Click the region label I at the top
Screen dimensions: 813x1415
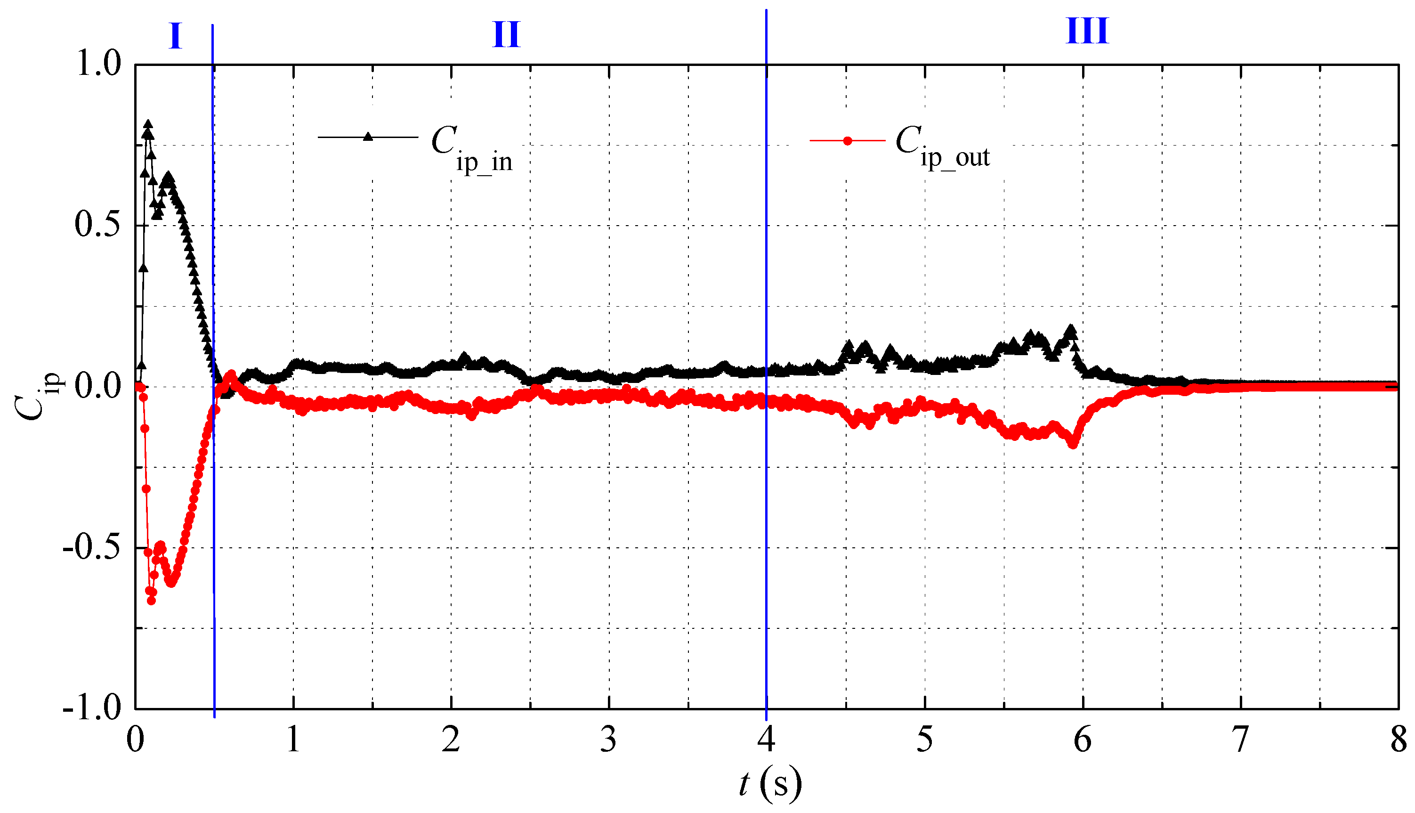point(175,36)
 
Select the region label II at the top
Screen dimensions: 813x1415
point(506,34)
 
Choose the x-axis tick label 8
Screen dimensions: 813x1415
point(1398,740)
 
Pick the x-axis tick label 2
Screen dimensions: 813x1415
point(451,740)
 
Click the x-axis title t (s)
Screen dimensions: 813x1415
point(770,783)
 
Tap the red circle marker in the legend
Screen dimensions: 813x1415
point(847,141)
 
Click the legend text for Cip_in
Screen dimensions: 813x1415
point(472,148)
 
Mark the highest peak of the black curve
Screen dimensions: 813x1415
point(148,123)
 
